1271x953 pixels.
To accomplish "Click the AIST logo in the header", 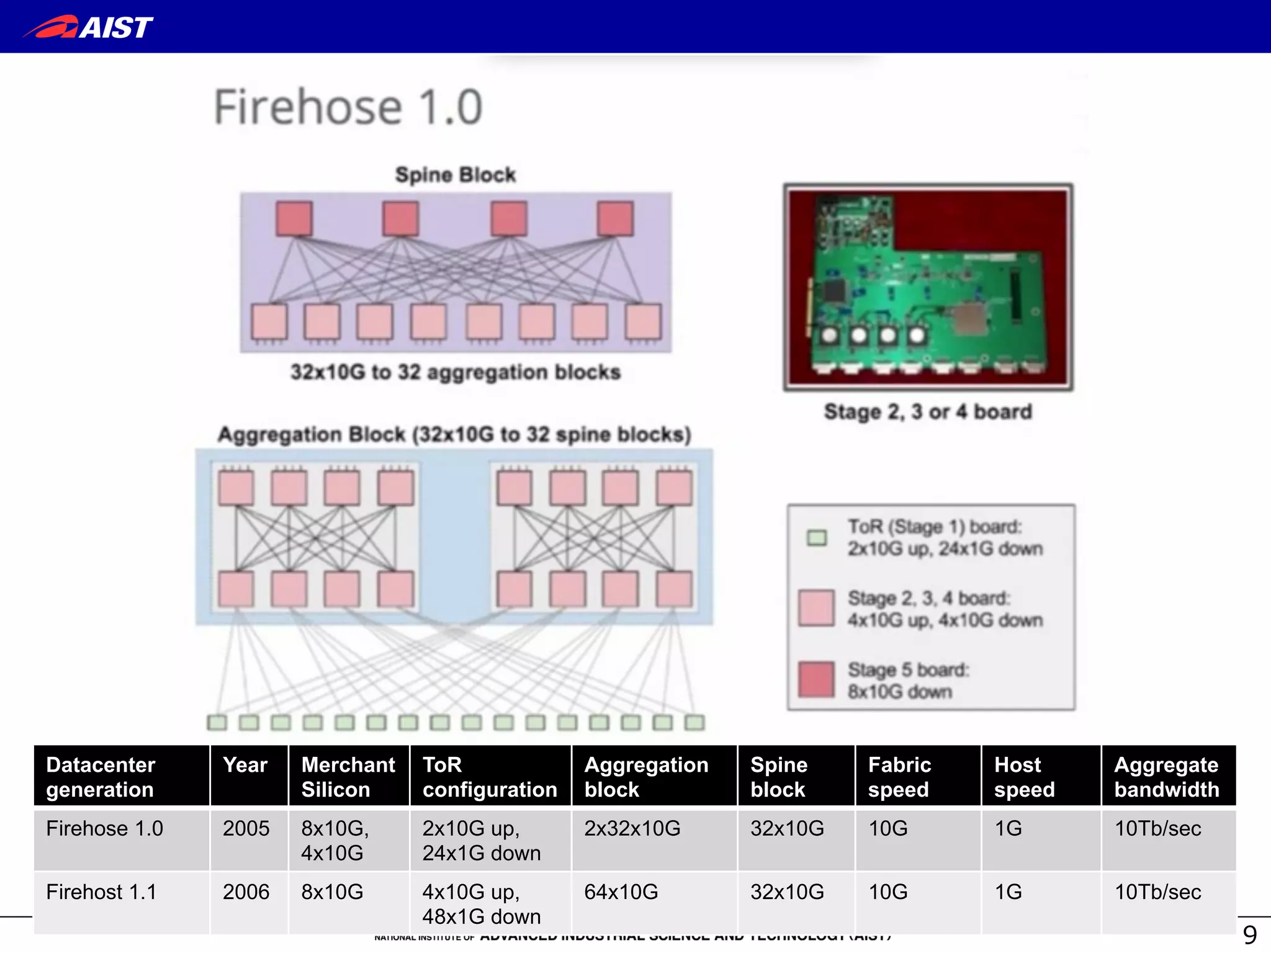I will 88,27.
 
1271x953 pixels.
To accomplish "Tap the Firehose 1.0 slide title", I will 348,107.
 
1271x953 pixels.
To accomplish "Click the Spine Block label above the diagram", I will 456,175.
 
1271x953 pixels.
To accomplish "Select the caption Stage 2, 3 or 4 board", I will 928,411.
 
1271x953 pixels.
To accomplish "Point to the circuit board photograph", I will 928,287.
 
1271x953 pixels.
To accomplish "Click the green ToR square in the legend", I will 817,537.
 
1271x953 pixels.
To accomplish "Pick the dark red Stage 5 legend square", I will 816,680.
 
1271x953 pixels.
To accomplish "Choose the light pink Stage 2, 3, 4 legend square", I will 816,608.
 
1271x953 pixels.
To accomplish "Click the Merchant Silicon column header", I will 348,777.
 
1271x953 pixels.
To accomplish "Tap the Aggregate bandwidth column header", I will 1167,777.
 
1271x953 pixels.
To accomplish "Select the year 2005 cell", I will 246,828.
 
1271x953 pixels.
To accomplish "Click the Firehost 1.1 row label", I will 101,892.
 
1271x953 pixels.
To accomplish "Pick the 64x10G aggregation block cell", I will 621,892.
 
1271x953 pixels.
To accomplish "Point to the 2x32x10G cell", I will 632,828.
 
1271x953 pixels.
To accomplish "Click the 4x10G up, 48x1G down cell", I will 482,904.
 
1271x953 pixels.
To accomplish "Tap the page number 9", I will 1250,934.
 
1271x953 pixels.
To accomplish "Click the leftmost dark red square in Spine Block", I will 294,218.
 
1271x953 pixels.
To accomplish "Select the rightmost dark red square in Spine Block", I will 615,218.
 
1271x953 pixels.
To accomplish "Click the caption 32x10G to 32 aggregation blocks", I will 456,372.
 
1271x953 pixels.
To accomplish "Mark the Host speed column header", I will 1024,777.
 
